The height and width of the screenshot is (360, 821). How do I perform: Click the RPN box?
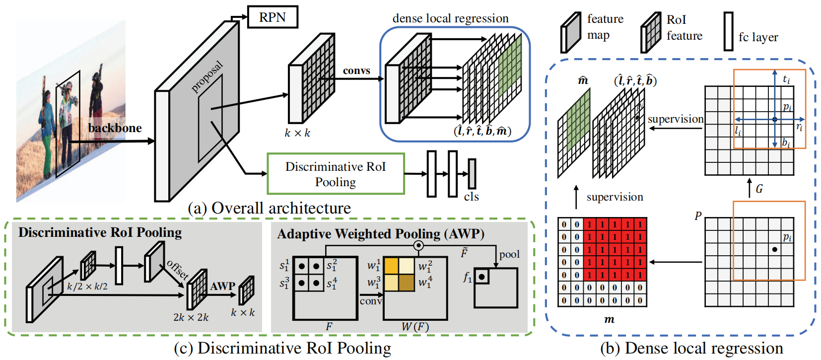click(273, 17)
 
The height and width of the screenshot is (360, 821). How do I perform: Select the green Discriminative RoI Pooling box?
click(336, 174)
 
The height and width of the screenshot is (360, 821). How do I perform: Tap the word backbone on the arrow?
click(115, 128)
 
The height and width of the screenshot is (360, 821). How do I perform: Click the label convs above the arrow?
click(356, 71)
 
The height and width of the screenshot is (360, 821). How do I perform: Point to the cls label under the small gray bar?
click(471, 197)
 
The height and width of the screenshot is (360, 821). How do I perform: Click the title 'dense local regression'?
click(450, 18)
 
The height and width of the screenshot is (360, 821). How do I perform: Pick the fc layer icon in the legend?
click(728, 31)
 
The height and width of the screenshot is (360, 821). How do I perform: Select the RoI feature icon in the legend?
click(650, 32)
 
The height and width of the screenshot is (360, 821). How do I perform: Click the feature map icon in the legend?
click(571, 32)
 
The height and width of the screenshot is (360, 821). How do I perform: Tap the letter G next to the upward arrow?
click(759, 189)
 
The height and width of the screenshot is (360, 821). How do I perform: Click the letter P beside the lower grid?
click(698, 216)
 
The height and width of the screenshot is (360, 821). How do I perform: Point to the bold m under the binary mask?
click(609, 319)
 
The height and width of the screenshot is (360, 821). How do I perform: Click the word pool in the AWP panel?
click(509, 254)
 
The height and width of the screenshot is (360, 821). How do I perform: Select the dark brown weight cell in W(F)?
click(407, 282)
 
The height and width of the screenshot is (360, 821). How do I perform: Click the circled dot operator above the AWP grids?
click(418, 245)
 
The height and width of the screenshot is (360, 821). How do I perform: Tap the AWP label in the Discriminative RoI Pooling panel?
click(222, 286)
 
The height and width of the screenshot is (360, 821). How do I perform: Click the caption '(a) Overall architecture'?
click(269, 208)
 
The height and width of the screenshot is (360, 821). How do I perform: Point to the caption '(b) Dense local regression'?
click(691, 349)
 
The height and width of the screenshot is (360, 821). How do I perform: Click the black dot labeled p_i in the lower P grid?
click(774, 249)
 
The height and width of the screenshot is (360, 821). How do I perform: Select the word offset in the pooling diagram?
click(178, 270)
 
